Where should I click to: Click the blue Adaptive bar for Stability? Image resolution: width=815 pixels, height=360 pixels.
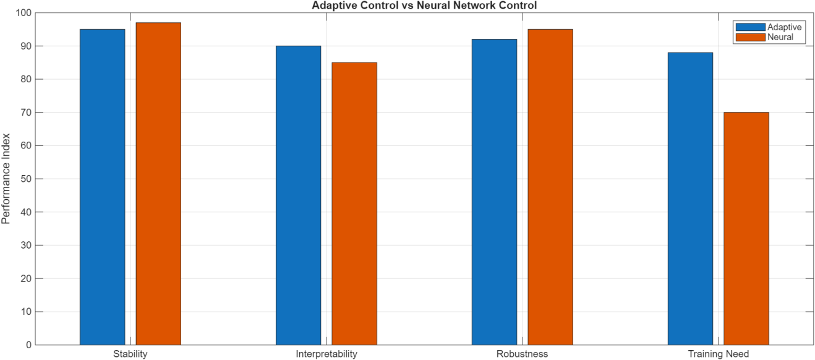102,187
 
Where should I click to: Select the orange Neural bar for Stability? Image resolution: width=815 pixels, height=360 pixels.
158,184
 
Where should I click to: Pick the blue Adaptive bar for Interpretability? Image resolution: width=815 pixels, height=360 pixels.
298,195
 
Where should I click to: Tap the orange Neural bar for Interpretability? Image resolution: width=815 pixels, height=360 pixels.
354,204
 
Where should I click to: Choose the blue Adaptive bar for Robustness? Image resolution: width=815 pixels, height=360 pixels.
494,192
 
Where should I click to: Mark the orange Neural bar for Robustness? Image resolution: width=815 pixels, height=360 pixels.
550,187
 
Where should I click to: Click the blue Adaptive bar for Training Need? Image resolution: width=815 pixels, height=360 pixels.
690,199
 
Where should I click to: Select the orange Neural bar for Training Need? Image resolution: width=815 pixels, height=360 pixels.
746,229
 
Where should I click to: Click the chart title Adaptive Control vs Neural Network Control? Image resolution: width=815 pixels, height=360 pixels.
424,6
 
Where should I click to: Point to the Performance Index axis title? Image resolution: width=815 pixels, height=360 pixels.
6,179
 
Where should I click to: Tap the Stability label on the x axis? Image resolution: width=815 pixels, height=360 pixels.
130,354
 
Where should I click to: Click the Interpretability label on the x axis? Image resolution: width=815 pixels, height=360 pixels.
326,354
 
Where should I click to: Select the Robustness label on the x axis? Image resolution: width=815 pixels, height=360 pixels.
522,354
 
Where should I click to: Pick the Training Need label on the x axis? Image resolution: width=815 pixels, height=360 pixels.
718,354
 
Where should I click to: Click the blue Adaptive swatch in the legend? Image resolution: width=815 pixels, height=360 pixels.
750,27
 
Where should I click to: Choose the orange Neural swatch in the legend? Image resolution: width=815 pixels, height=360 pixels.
750,37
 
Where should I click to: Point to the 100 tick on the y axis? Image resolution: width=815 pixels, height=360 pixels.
23,13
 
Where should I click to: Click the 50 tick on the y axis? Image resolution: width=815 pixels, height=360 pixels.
26,179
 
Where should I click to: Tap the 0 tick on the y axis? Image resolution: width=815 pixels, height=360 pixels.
28,345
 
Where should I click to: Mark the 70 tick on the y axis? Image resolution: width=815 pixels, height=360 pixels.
26,113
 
